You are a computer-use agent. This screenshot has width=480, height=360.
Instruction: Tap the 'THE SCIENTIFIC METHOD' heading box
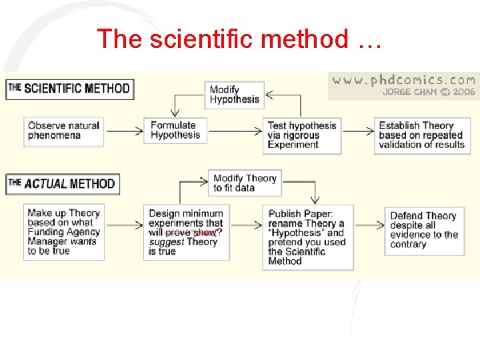(69, 89)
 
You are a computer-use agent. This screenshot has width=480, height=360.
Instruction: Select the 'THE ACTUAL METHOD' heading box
(63, 183)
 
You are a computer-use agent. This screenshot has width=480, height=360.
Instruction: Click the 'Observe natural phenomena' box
(64, 131)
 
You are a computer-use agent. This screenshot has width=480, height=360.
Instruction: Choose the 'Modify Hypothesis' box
(235, 95)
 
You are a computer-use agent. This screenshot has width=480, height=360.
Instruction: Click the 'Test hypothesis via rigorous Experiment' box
(302, 135)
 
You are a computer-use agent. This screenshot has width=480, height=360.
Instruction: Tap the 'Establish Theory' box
(421, 135)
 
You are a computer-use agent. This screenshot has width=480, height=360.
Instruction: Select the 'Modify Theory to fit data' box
(245, 183)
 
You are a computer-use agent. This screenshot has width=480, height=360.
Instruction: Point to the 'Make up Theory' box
(63, 232)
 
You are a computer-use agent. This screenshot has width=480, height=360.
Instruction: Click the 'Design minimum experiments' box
(185, 233)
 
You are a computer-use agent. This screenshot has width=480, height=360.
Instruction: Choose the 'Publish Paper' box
(307, 237)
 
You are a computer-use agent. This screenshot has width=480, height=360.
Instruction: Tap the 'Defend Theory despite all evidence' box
(424, 230)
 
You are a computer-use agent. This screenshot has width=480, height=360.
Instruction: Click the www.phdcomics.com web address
(403, 80)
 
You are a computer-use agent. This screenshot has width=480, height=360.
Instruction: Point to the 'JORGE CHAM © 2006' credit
(429, 92)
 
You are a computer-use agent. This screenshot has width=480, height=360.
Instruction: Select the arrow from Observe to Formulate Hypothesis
(124, 131)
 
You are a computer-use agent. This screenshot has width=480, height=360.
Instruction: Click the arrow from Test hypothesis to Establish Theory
(357, 131)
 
